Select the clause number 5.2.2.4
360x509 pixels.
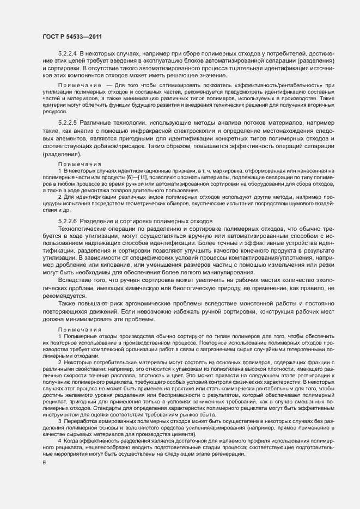(x=68, y=53)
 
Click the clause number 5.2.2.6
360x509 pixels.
(x=68, y=220)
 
